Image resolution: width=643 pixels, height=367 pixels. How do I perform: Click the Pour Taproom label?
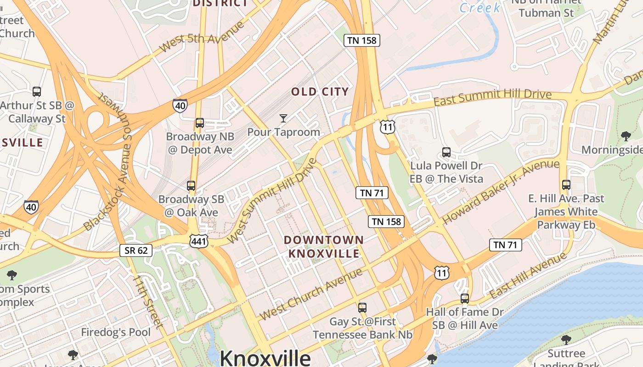(283, 132)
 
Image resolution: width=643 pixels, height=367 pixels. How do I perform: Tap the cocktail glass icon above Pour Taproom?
(283, 118)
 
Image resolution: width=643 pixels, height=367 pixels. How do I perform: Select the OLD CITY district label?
(320, 92)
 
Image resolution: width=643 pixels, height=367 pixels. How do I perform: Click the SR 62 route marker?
(136, 250)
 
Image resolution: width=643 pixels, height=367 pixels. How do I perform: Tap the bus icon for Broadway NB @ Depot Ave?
(200, 123)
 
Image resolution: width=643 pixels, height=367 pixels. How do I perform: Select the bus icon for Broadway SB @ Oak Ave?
(191, 186)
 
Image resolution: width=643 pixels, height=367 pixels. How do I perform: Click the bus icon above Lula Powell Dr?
(446, 152)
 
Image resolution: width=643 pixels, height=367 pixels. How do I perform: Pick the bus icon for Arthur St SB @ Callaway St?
(37, 91)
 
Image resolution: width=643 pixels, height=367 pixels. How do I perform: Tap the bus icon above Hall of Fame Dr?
(465, 299)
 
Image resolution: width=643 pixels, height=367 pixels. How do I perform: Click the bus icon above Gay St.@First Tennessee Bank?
(362, 308)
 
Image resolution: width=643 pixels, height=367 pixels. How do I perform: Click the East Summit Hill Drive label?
(492, 97)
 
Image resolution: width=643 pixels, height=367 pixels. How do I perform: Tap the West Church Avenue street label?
(310, 295)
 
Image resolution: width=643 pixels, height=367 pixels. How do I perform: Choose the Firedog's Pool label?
(116, 332)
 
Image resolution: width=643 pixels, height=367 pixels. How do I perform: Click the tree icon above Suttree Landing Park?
(566, 340)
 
